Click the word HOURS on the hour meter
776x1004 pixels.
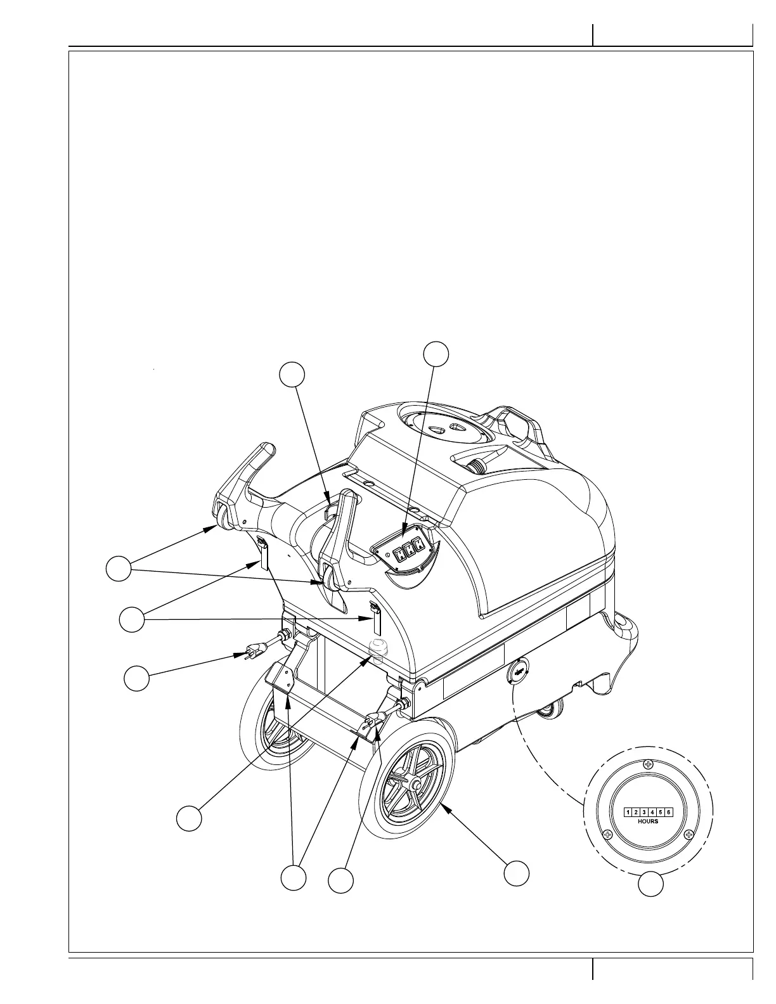pos(647,821)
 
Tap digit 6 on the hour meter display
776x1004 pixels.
pos(668,812)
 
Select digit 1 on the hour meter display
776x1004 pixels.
pos(628,812)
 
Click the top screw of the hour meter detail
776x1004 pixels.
pos(647,764)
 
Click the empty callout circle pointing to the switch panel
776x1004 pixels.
pos(436,354)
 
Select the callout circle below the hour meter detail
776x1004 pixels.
pos(650,885)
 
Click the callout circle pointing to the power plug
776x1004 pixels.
pos(136,678)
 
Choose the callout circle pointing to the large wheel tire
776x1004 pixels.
pos(516,873)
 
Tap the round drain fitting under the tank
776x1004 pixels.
pos(377,650)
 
